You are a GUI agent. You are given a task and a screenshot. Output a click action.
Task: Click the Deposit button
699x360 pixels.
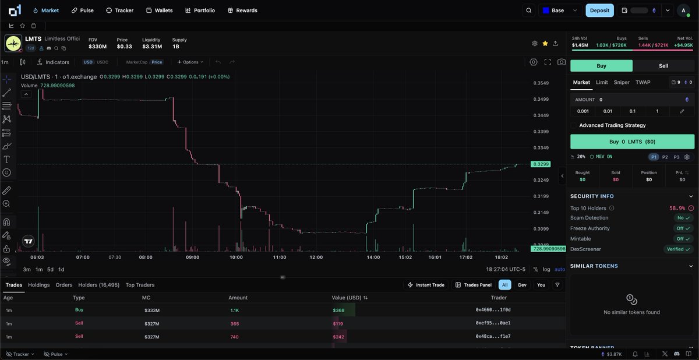(x=599, y=10)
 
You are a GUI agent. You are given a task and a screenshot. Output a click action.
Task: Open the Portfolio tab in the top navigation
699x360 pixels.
(x=200, y=10)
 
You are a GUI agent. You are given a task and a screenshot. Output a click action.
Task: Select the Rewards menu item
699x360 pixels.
(x=242, y=10)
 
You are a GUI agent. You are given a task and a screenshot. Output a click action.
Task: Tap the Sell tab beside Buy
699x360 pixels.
(x=663, y=66)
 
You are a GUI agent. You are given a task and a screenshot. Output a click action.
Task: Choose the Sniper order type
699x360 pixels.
(x=622, y=82)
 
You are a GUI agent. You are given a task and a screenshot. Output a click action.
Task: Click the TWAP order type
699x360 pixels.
(x=643, y=82)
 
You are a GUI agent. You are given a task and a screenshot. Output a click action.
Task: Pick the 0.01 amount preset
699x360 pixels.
(x=608, y=111)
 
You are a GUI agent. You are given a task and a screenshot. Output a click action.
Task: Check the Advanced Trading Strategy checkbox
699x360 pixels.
(x=574, y=125)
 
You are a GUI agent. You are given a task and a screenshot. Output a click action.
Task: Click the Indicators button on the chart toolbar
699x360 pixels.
(x=53, y=62)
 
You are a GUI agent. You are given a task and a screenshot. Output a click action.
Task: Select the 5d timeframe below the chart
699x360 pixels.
(x=50, y=269)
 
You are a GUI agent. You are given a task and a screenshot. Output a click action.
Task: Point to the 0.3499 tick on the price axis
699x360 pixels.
(x=541, y=99)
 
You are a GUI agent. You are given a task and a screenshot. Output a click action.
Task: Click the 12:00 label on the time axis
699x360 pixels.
(x=316, y=257)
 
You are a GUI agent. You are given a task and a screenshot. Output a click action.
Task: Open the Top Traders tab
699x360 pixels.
(x=140, y=285)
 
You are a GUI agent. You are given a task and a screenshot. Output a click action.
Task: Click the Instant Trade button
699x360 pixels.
(x=426, y=285)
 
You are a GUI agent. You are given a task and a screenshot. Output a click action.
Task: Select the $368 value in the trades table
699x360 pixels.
(x=338, y=310)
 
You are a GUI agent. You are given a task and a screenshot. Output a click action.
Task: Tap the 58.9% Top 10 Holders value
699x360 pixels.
(x=677, y=208)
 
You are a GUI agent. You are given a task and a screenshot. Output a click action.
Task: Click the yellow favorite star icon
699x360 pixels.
(x=545, y=43)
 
